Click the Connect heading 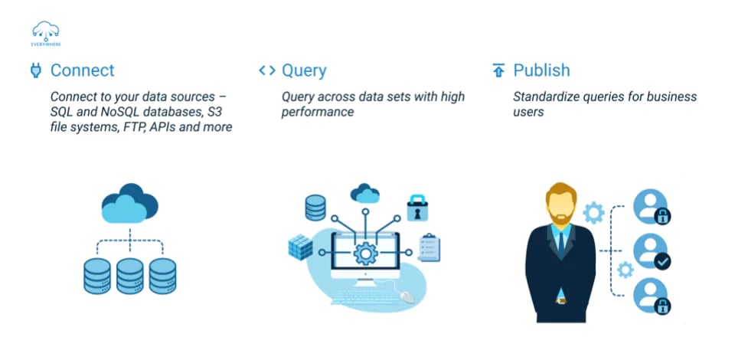(82, 70)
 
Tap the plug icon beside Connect (35, 71)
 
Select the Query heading (304, 70)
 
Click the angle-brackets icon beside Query (266, 70)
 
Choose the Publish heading (541, 70)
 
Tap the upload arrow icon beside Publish (498, 71)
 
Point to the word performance (318, 112)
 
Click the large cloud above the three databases (129, 203)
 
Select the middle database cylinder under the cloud (129, 276)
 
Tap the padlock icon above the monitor (416, 208)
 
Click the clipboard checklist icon (430, 247)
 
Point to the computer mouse (407, 294)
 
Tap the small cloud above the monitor (365, 194)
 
